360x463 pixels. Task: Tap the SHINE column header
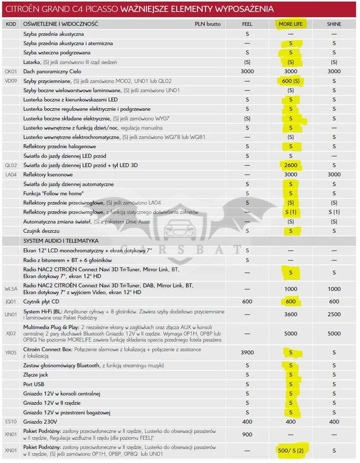[x=334, y=25]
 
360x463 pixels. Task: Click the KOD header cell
[x=10, y=25]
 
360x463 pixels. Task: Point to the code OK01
[x=11, y=71]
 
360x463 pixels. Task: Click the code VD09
[x=11, y=81]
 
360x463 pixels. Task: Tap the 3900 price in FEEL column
[x=248, y=352]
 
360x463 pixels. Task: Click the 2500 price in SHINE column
[x=334, y=314]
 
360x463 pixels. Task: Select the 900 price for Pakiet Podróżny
[x=248, y=434]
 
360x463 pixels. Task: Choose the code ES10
[x=10, y=421]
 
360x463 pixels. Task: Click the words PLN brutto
[x=208, y=25]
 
